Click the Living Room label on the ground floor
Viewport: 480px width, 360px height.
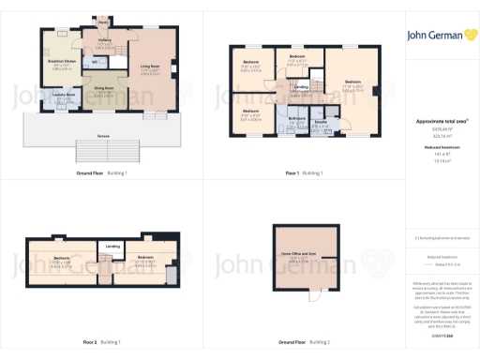[150, 67]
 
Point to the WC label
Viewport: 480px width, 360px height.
[96, 63]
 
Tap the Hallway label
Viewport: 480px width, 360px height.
[105, 43]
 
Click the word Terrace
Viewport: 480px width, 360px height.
[103, 138]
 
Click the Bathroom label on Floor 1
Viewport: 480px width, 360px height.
[296, 118]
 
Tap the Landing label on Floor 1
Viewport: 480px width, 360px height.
[302, 91]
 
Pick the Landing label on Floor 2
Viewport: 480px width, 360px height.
[112, 246]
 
